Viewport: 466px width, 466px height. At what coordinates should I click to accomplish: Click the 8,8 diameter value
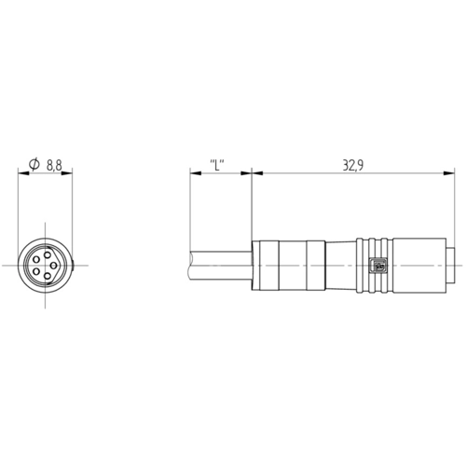coord(54,165)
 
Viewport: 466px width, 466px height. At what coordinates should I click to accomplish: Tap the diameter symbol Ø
coord(34,164)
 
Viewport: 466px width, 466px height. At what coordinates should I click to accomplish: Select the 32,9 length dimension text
coord(353,166)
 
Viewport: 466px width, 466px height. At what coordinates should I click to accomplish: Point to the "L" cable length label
coord(217,165)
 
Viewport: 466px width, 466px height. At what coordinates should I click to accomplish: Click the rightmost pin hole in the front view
coord(53,266)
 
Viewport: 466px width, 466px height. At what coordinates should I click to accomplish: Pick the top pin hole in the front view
coord(48,255)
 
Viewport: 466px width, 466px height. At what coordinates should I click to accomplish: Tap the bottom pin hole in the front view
coord(48,276)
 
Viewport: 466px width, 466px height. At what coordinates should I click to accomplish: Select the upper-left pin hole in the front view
coord(36,259)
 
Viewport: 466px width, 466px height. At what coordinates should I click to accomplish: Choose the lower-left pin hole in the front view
coord(36,272)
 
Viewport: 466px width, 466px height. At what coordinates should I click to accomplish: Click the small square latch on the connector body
coord(378,266)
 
